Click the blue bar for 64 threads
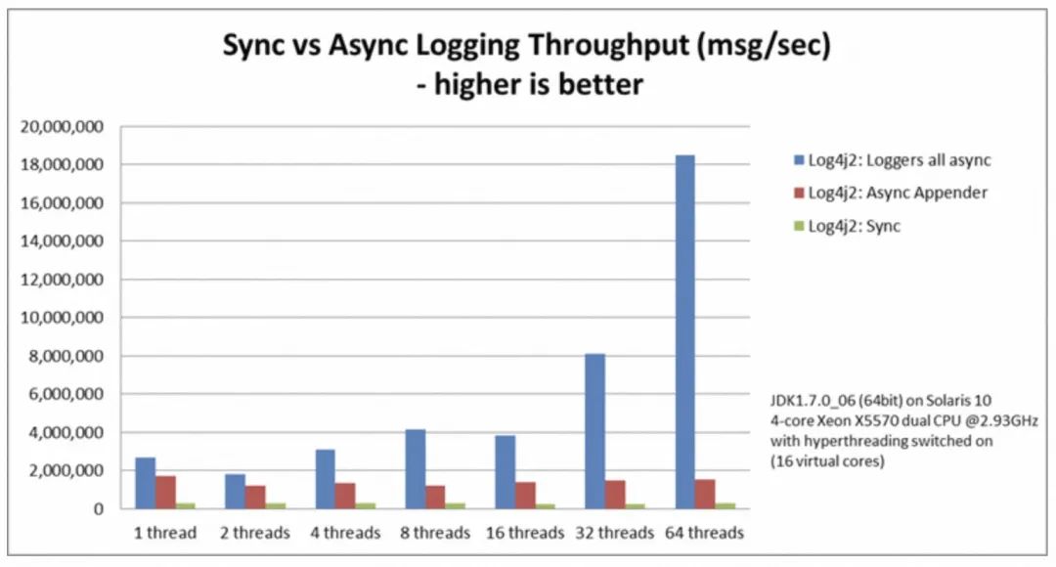(685, 331)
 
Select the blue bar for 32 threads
(595, 431)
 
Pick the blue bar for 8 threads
(416, 469)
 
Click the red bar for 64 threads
(705, 494)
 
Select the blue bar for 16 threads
(506, 472)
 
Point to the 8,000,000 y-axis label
(67, 357)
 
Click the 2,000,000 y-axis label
(67, 471)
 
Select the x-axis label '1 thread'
(165, 533)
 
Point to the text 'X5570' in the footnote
(889, 419)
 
